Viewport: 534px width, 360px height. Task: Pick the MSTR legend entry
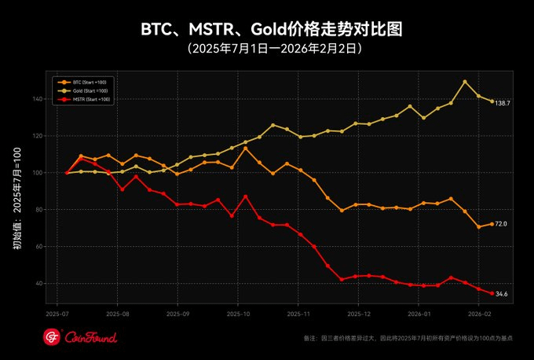88,99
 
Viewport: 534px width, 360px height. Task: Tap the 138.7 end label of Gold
503,103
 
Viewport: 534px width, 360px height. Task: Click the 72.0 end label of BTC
500,224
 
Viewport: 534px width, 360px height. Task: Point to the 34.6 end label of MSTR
500,294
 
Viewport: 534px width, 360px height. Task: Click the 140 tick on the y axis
38,99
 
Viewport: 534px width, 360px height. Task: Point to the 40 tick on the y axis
40,284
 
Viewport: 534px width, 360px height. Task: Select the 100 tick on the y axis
38,173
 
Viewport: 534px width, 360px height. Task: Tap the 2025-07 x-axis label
57,314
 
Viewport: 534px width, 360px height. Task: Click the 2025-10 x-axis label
237,314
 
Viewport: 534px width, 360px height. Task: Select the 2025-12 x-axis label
357,314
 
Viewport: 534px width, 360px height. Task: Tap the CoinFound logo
79,337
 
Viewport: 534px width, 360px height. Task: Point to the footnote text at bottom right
408,338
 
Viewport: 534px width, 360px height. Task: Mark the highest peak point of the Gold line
465,82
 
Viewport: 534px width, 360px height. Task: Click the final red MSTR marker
492,294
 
